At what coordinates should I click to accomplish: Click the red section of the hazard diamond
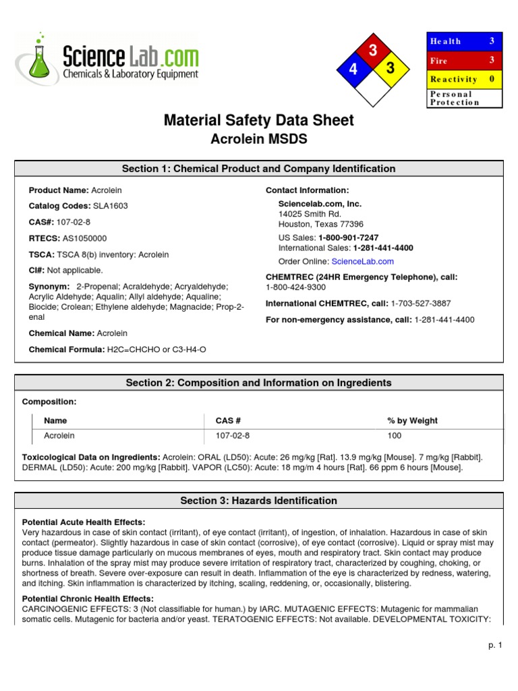tap(372, 51)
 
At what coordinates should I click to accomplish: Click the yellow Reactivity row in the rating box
tap(465, 79)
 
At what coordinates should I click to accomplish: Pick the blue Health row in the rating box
tap(465, 41)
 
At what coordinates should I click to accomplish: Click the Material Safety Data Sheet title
tap(258, 120)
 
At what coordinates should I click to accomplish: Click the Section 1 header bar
tap(258, 169)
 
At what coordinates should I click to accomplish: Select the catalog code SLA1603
tap(111, 206)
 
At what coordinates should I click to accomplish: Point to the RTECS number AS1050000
tap(84, 238)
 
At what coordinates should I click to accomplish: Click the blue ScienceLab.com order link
tap(362, 261)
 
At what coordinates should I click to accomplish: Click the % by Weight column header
tap(412, 420)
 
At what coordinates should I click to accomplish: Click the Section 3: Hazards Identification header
tap(258, 501)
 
